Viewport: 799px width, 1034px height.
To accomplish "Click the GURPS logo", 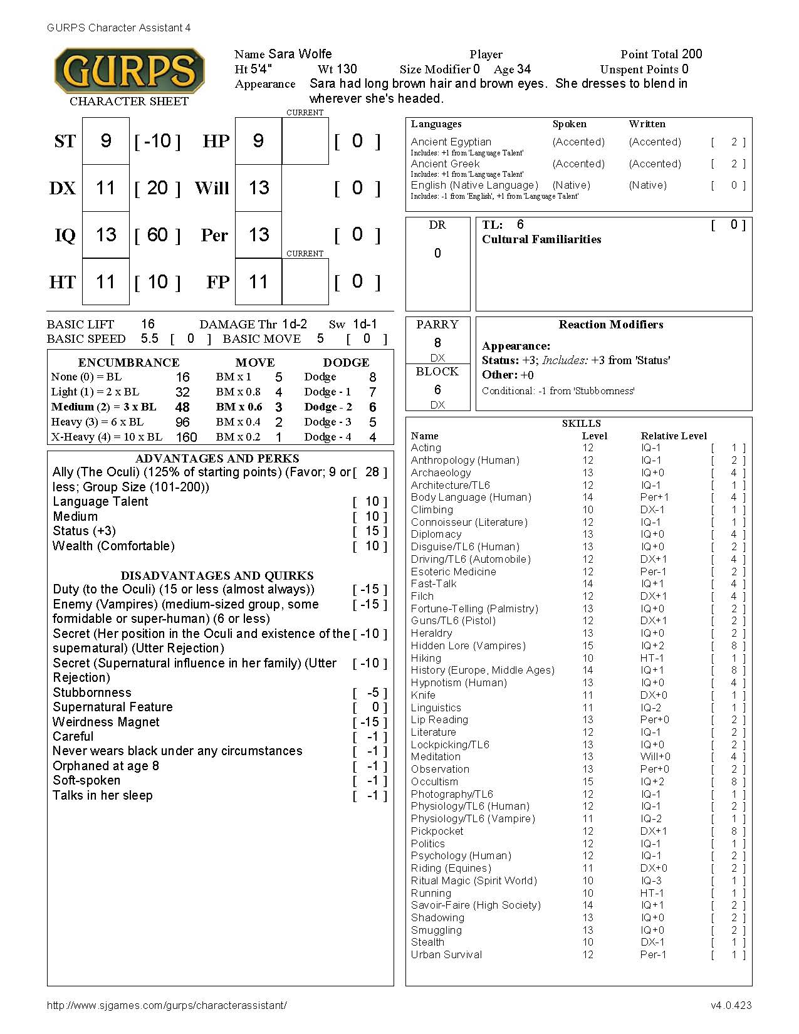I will (129, 70).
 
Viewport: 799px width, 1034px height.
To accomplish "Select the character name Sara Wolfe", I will (300, 54).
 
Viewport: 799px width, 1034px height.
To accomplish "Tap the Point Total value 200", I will (692, 54).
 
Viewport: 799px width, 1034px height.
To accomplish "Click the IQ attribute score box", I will (106, 235).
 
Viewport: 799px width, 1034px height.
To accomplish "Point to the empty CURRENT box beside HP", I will (305, 141).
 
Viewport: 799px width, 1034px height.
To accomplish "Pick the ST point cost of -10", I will (157, 141).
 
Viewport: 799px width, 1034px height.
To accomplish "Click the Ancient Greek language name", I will (446, 164).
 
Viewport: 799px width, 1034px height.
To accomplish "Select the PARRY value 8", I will (437, 343).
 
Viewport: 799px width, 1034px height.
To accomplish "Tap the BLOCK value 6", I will (437, 390).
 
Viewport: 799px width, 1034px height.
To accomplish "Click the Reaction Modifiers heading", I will (611, 325).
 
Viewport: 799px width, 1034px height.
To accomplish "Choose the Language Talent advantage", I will (100, 501).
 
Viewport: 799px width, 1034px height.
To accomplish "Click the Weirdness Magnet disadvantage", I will (106, 722).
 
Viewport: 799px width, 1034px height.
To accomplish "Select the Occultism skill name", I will (434, 781).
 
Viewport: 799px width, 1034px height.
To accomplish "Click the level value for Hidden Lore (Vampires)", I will (588, 645).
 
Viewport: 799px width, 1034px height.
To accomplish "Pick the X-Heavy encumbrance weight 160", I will (186, 437).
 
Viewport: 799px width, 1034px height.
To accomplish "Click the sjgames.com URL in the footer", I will (167, 1005).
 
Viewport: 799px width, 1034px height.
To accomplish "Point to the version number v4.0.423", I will (731, 1005).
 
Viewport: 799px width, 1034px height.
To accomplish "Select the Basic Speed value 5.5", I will (149, 338).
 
